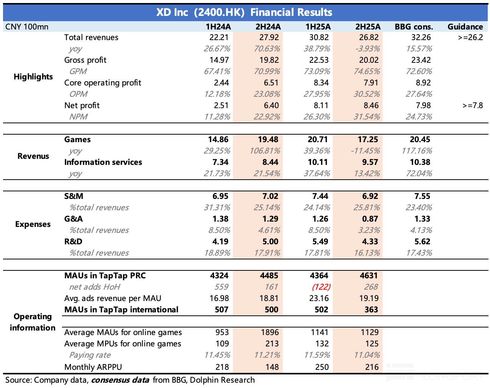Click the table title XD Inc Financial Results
pyautogui.click(x=244, y=12)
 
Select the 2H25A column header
pyautogui.click(x=368, y=26)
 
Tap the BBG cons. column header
pyautogui.click(x=414, y=26)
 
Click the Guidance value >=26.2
pyautogui.click(x=470, y=37)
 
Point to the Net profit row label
pyautogui.click(x=82, y=106)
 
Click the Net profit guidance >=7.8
pyautogui.click(x=473, y=106)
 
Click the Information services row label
pyautogui.click(x=103, y=162)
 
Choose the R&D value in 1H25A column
pyautogui.click(x=319, y=242)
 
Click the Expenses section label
pyautogui.click(x=33, y=224)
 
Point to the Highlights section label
pyautogui.click(x=33, y=77)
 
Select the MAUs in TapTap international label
pyautogui.click(x=121, y=310)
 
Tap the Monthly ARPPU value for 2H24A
pyautogui.click(x=272, y=367)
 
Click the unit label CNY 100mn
pyautogui.click(x=27, y=26)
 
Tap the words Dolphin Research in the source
pyautogui.click(x=222, y=380)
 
